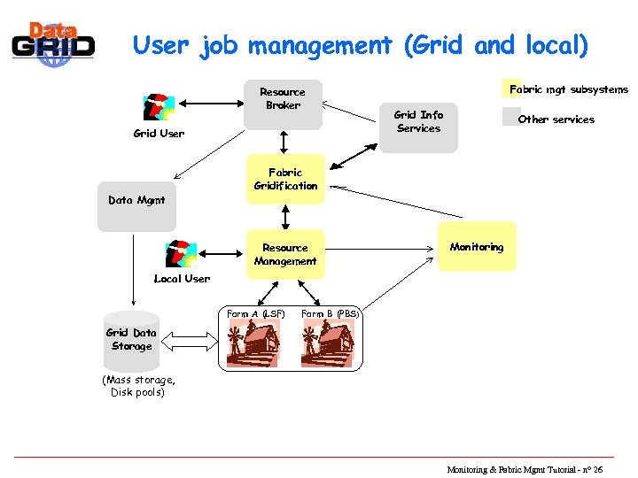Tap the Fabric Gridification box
click(285, 180)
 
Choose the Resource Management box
click(285, 255)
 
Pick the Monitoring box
click(477, 247)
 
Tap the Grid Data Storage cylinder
click(131, 340)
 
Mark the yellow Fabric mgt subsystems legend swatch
click(507, 89)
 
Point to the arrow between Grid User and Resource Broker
click(210, 104)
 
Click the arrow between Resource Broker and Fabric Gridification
click(284, 143)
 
